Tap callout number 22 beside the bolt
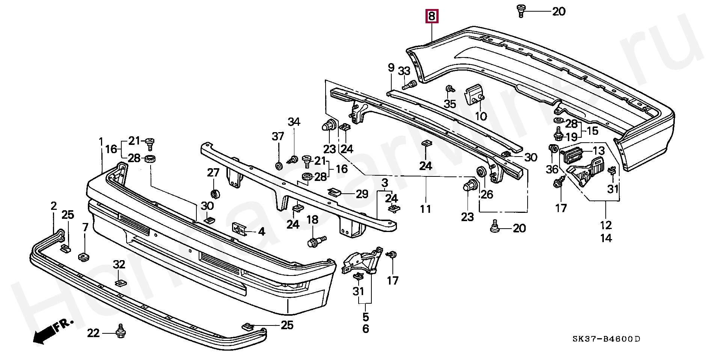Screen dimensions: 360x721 tap(94, 333)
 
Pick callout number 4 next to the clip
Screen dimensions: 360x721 tap(261, 232)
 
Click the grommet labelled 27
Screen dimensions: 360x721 tap(215, 194)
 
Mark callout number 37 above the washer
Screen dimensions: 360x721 tap(278, 137)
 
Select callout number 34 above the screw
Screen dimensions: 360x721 tap(294, 122)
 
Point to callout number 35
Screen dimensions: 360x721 tap(450, 104)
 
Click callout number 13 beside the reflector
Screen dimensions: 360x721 tap(599, 151)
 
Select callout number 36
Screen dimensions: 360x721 tap(552, 170)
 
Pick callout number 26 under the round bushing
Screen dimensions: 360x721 tap(487, 194)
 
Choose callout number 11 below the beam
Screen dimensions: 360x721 tap(425, 208)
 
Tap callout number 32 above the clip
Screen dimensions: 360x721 tap(119, 265)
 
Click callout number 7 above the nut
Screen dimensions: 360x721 tap(85, 227)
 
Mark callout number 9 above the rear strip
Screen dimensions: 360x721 tap(391, 68)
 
